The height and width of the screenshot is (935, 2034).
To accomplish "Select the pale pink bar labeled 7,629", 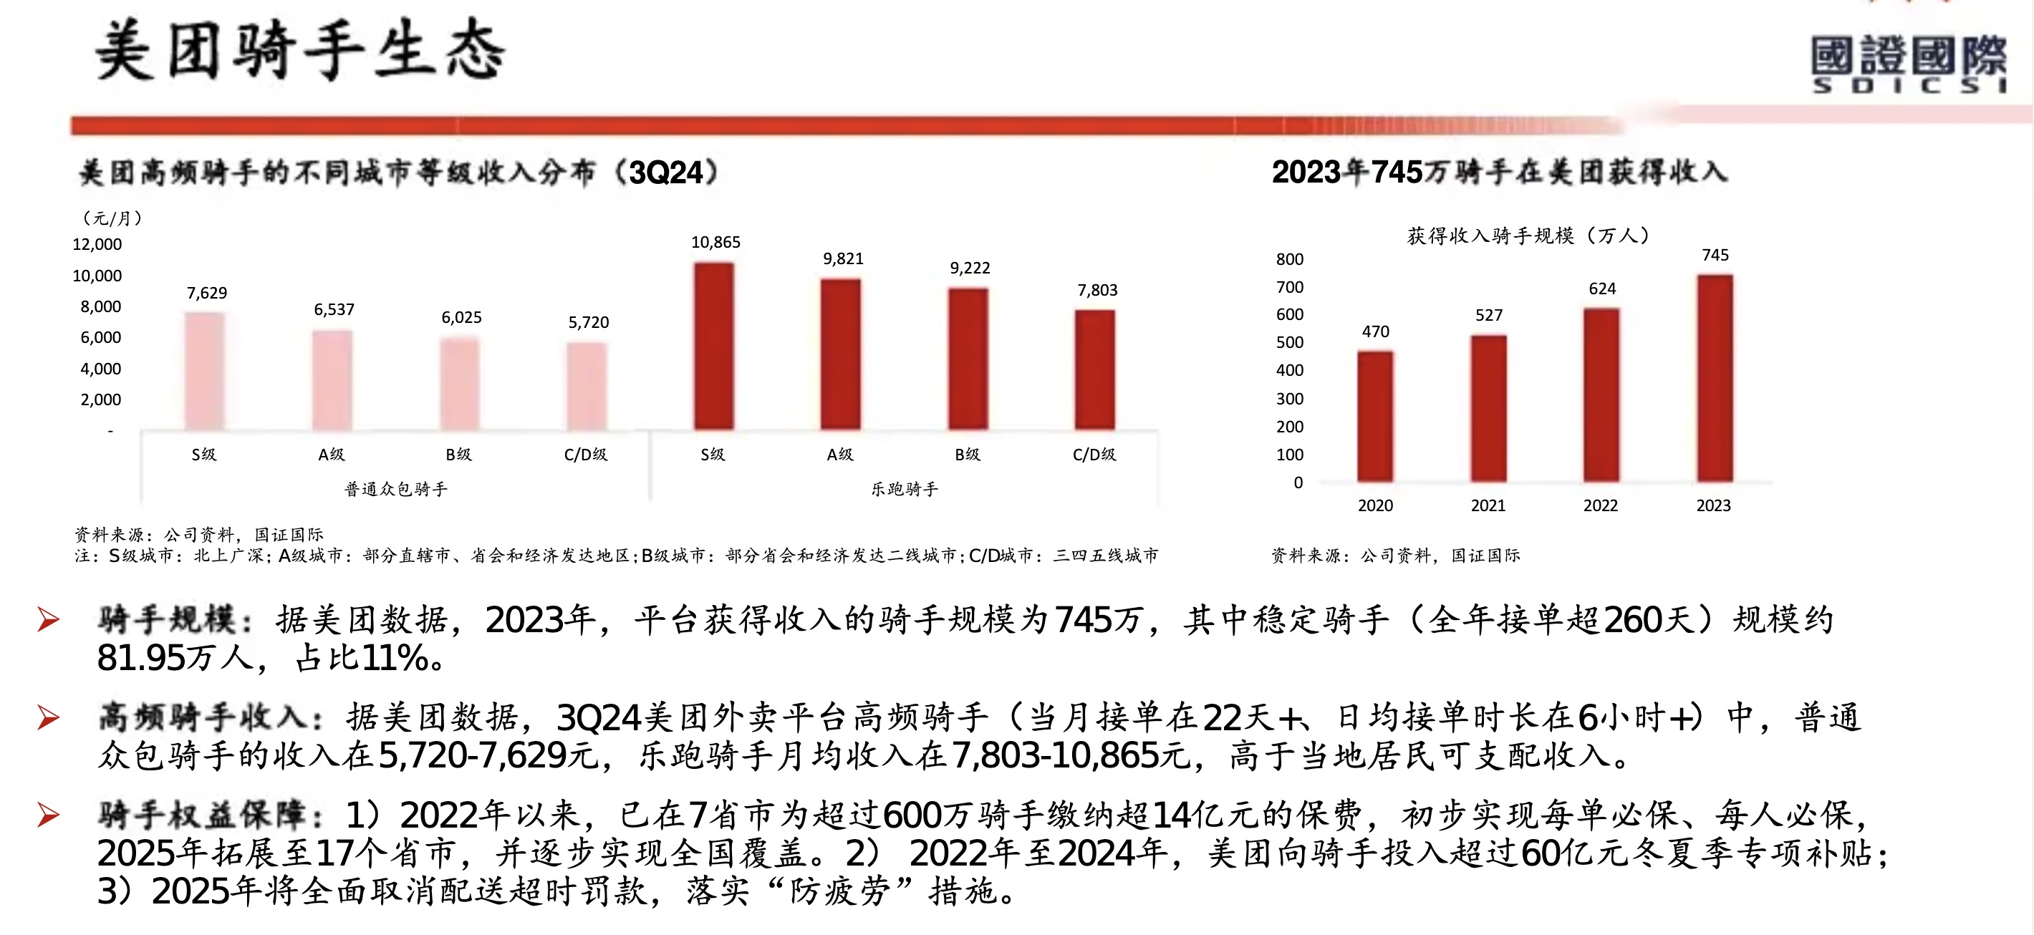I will [205, 371].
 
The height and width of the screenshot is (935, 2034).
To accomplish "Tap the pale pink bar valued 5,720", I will [587, 386].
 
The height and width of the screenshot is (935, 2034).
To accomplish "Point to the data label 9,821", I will [843, 258].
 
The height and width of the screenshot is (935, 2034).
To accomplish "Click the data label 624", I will [1602, 289].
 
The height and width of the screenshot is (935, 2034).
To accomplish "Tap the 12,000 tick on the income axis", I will [97, 245].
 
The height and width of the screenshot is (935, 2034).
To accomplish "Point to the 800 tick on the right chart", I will [1289, 260].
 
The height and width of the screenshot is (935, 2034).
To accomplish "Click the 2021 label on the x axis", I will [1488, 505].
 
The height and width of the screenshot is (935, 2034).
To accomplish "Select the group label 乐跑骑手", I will [905, 489].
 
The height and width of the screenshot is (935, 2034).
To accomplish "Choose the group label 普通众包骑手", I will [395, 489].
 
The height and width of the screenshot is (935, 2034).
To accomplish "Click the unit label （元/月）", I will [112, 218].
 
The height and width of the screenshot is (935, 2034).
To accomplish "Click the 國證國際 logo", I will [1909, 63].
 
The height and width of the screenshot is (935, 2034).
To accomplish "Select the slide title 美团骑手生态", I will [300, 52].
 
